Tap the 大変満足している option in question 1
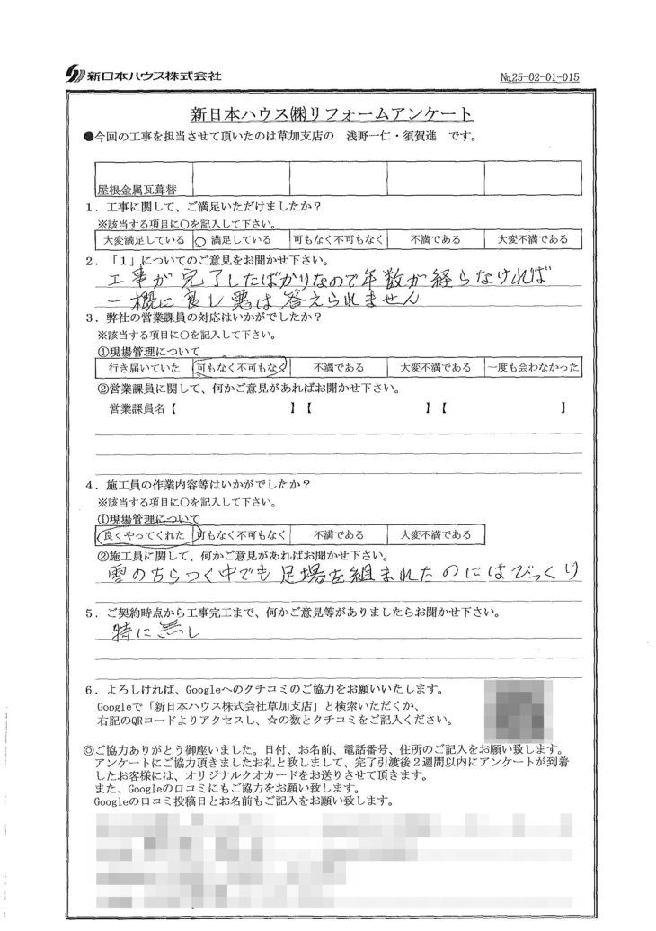(x=142, y=240)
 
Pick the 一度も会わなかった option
(x=533, y=367)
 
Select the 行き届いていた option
(x=142, y=368)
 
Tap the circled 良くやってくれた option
(x=142, y=535)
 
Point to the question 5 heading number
(x=89, y=613)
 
